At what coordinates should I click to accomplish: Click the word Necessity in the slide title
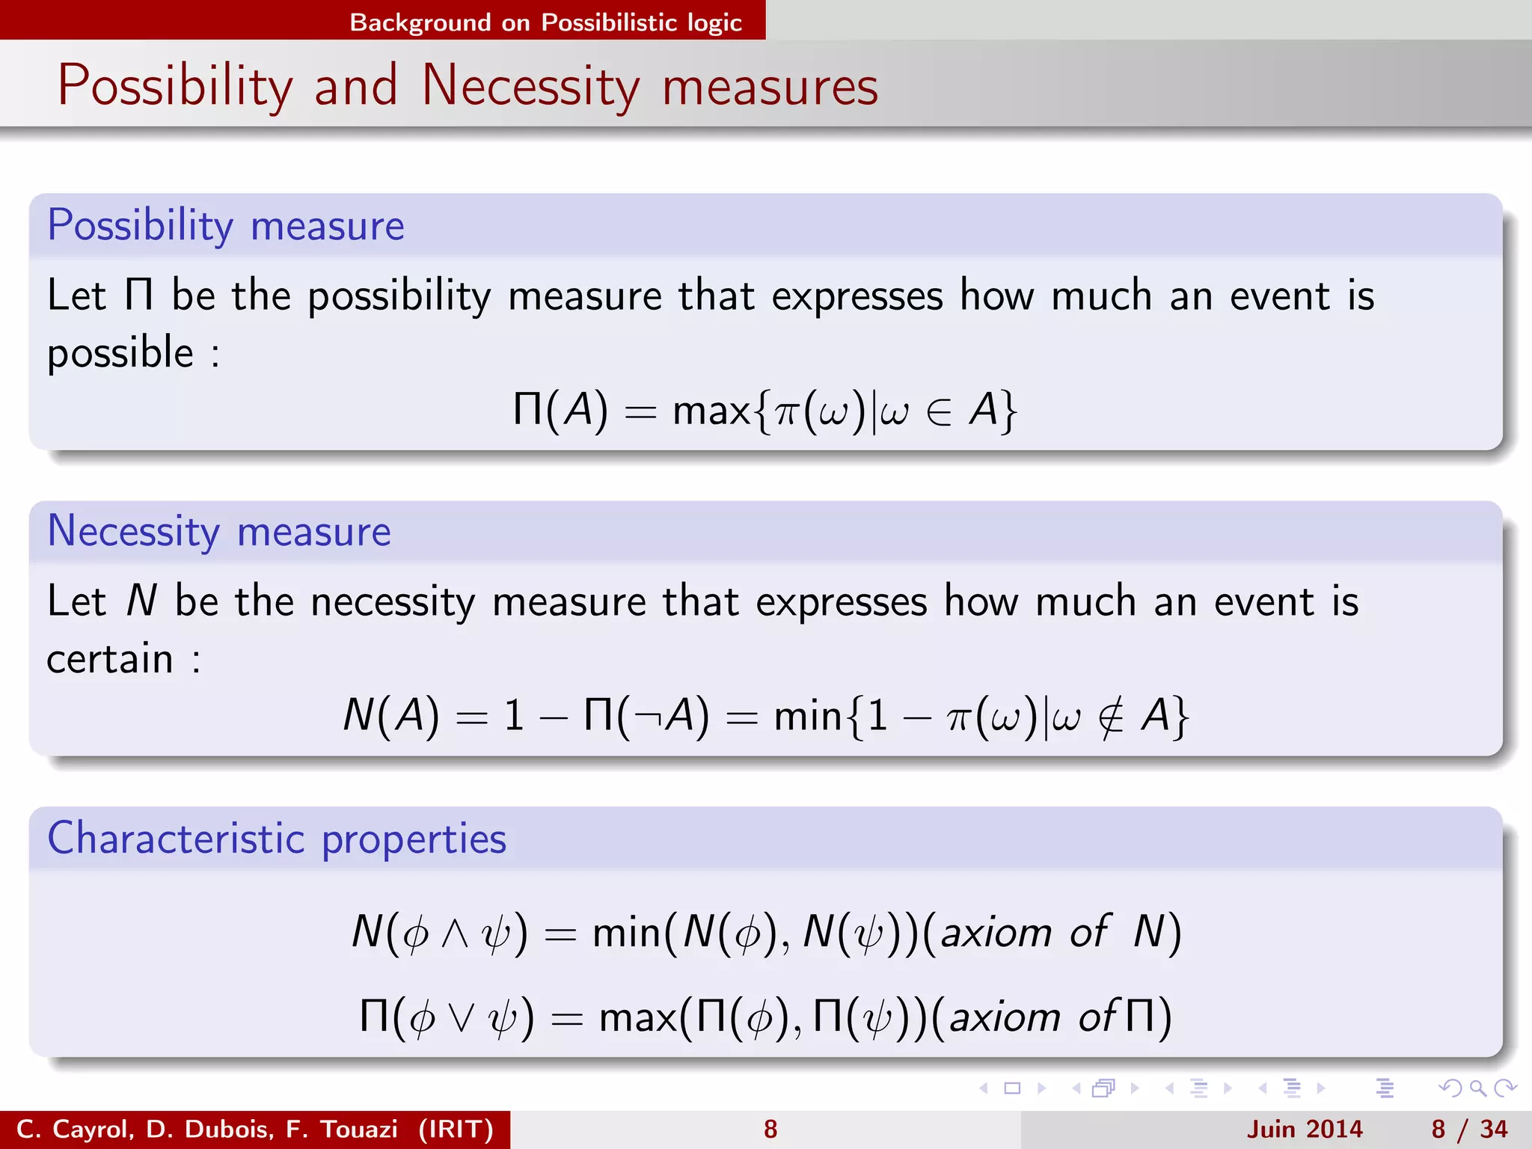pos(530,87)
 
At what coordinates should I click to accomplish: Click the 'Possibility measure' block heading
pos(225,225)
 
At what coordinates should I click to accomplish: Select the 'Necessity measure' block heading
pos(218,531)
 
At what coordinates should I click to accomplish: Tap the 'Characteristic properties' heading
pos(277,838)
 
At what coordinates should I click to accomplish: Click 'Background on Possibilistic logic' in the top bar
pos(545,22)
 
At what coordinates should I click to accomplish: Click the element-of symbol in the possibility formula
pos(938,412)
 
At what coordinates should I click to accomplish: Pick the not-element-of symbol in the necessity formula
pos(1111,717)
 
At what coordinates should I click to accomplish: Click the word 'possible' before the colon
pos(120,353)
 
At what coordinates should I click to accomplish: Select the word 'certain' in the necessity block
pos(110,659)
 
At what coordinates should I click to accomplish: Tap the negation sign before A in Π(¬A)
pos(648,717)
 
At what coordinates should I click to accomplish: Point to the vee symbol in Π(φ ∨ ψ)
pos(462,1017)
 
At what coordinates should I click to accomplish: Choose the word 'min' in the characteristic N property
pos(626,933)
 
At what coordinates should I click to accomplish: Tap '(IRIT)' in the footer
pos(456,1129)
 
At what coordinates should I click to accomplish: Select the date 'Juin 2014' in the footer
pos(1305,1129)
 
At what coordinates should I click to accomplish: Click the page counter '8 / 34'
pos(1469,1129)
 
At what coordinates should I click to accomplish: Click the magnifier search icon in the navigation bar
pos(1477,1088)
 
